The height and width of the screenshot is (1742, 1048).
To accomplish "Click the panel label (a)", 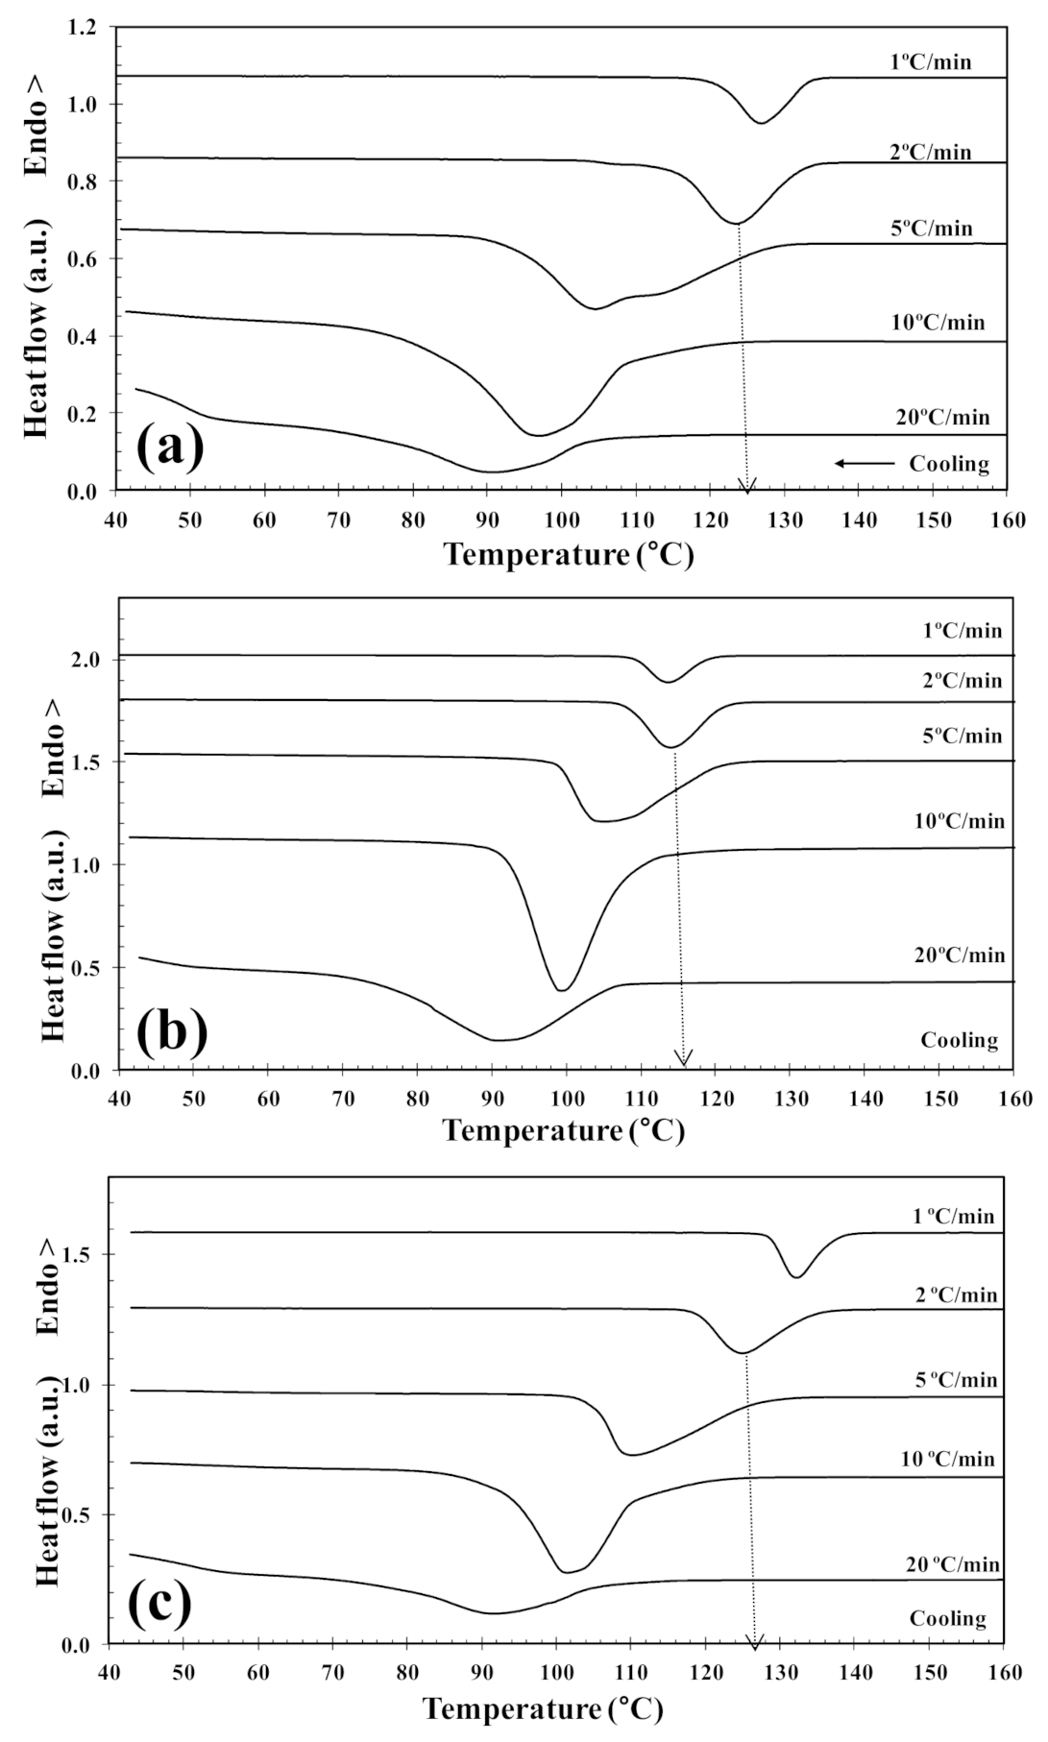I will (x=170, y=448).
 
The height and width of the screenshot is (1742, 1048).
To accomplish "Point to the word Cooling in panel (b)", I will (x=959, y=1040).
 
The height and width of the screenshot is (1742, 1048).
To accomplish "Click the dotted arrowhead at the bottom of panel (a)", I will (x=746, y=483).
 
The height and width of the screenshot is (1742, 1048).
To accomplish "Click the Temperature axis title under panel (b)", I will (x=564, y=1130).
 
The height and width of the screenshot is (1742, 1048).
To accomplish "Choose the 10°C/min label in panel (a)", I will (x=937, y=323).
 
